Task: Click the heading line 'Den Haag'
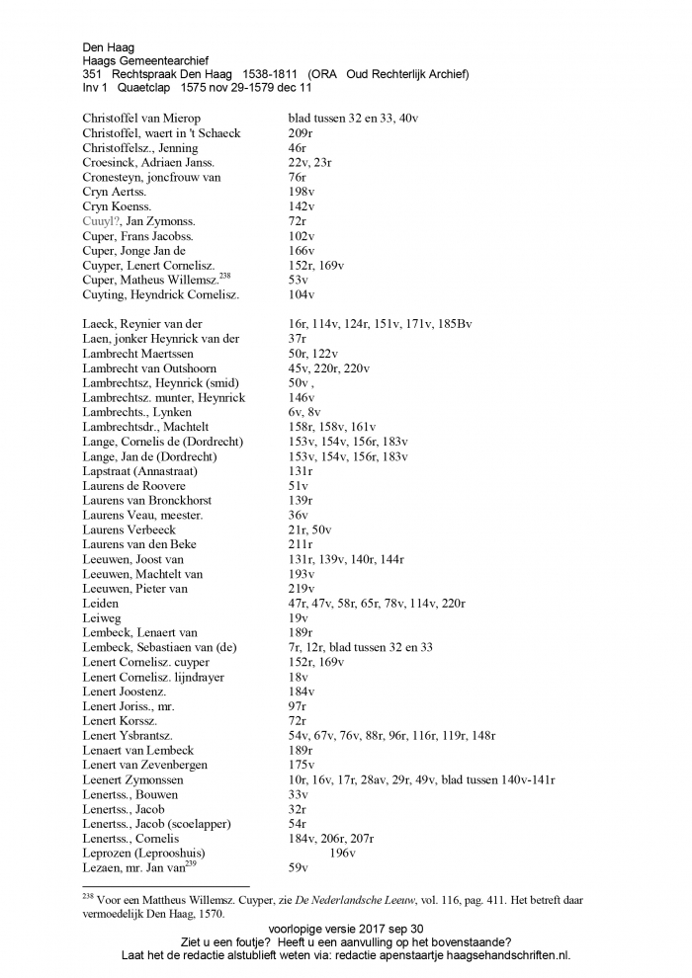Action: click(109, 46)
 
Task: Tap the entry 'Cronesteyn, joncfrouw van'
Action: click(151, 177)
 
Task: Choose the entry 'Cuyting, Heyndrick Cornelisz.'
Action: click(161, 294)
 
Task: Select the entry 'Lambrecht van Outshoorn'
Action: click(149, 367)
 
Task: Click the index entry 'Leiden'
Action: click(101, 603)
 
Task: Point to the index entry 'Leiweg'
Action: click(102, 617)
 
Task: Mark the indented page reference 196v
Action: click(341, 853)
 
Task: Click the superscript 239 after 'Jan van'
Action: click(192, 863)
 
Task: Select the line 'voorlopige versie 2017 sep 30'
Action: click(345, 929)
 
